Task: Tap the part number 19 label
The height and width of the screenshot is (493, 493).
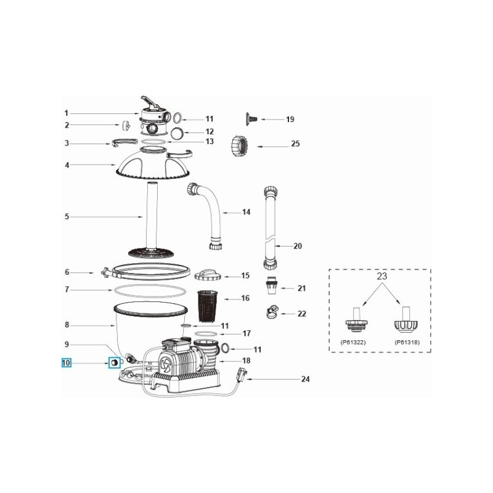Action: click(290, 119)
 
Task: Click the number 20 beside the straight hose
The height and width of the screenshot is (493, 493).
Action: click(297, 246)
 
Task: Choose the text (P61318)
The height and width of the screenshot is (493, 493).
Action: click(405, 341)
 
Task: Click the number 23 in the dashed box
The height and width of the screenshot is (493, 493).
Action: click(381, 277)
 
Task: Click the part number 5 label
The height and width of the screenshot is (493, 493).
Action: click(67, 217)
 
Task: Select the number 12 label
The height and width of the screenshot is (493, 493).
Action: click(210, 131)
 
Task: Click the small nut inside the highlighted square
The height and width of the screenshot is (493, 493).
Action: click(114, 364)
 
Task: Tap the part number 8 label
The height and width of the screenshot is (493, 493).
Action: click(67, 325)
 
